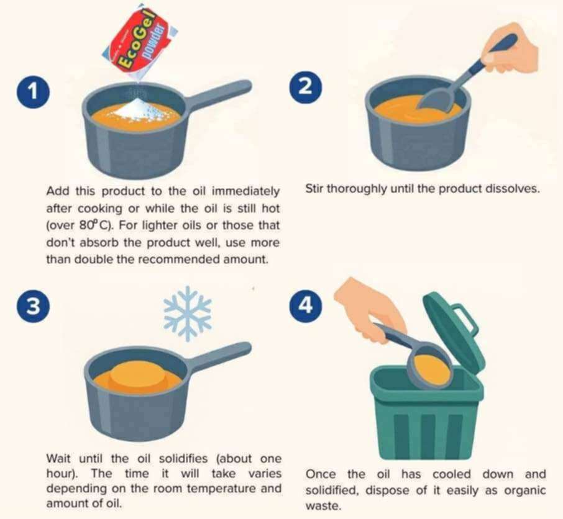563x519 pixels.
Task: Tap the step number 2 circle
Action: [x=306, y=87]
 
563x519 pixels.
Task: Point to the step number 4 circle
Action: [x=306, y=305]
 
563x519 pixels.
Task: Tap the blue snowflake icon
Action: [x=187, y=313]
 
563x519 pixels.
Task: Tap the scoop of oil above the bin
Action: [x=431, y=369]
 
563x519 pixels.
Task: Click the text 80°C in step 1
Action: [x=93, y=225]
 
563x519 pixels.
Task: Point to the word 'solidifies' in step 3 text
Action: [x=183, y=458]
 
